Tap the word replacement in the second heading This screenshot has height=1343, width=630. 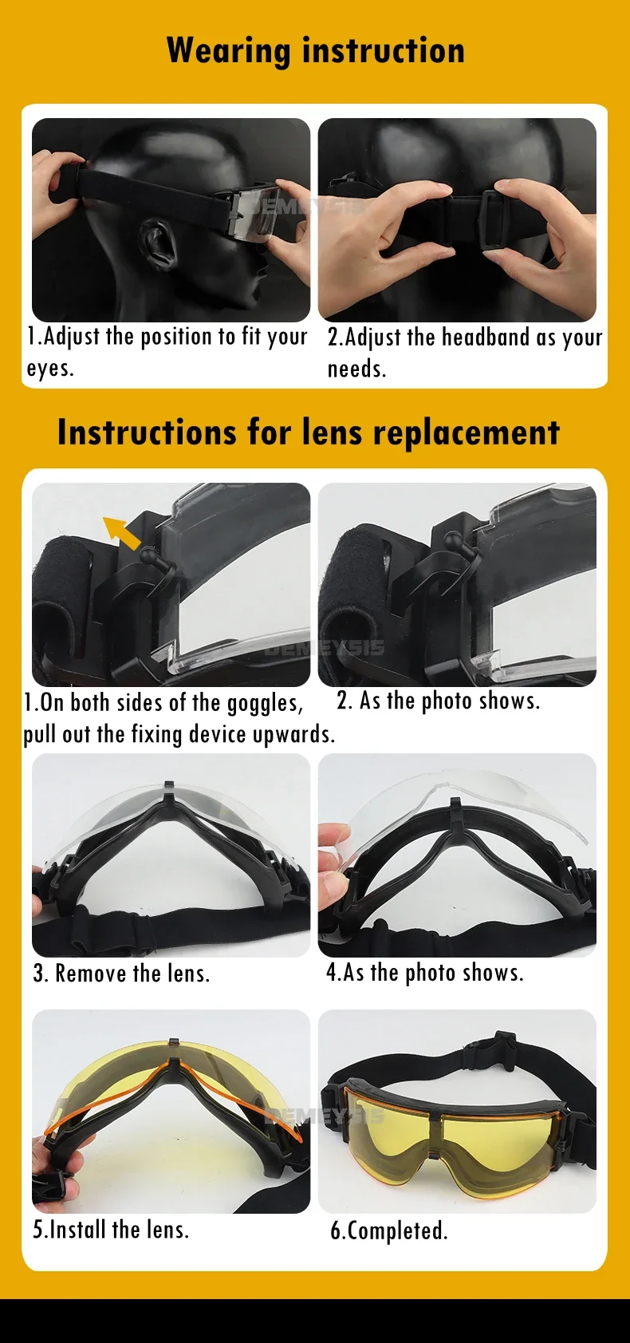coord(467,432)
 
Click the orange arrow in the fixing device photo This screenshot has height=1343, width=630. coord(122,532)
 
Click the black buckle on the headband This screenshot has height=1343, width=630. coord(496,218)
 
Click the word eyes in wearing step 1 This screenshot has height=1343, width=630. coord(49,369)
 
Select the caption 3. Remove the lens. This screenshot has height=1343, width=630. coord(122,973)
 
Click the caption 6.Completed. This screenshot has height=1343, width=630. coord(389,1230)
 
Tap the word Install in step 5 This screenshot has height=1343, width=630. coord(79,1229)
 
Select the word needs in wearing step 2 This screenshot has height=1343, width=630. coord(356,369)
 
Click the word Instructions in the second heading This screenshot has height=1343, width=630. coord(147,432)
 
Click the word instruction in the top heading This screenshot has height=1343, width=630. coord(384,50)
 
